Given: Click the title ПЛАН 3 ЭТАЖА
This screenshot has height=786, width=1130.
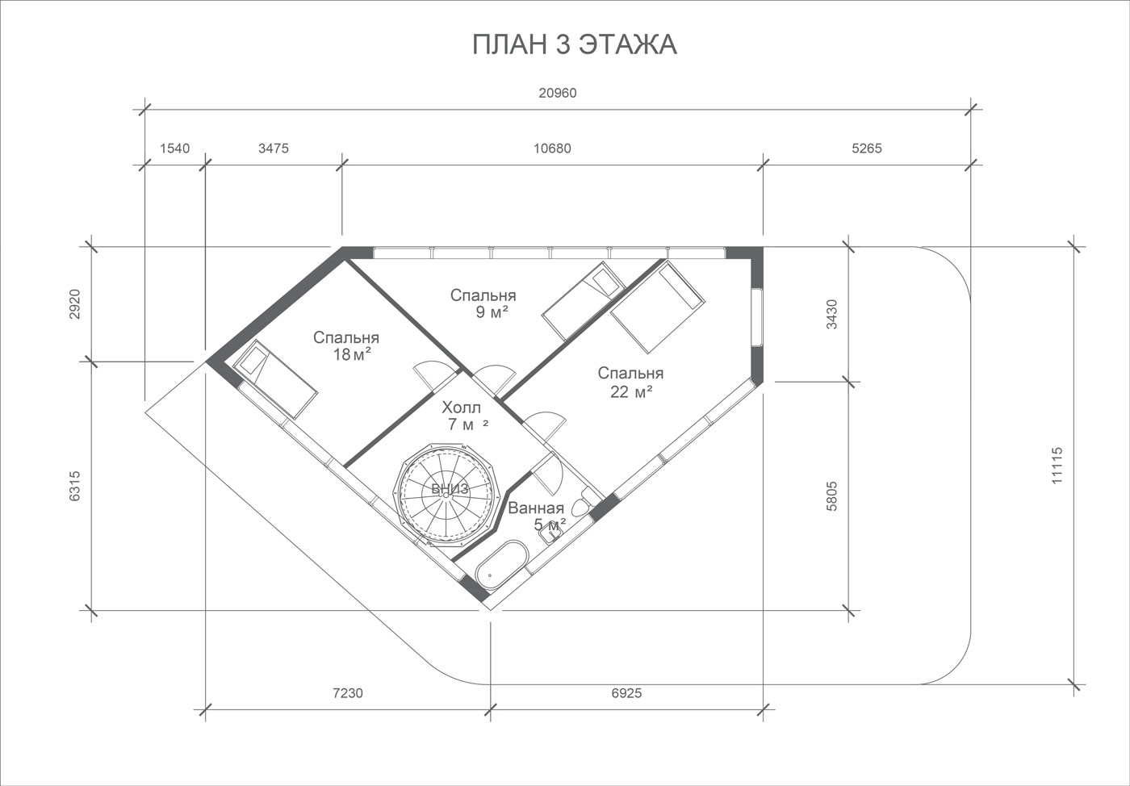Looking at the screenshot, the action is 574,44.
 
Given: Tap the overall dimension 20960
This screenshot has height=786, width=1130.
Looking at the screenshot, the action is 558,93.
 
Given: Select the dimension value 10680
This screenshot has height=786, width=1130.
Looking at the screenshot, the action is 552,148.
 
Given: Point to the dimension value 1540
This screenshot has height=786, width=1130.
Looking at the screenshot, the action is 174,148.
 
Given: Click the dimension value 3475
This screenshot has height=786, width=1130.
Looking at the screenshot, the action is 274,148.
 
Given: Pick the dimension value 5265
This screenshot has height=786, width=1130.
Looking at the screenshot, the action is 867,148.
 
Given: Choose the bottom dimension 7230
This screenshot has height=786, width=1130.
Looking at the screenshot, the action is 348,693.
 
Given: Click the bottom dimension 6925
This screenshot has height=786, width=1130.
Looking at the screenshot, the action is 626,693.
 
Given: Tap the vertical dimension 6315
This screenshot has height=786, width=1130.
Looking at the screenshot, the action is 74,486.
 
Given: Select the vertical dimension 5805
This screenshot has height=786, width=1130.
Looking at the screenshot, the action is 832,496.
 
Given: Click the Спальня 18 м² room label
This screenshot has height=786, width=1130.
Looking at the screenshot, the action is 346,346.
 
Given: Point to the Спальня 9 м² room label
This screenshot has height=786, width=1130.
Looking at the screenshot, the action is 483,303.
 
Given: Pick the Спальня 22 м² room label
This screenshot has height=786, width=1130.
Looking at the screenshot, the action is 630,383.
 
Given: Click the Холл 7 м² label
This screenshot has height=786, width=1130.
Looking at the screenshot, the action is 463,416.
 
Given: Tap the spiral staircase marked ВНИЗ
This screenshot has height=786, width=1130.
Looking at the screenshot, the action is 446,495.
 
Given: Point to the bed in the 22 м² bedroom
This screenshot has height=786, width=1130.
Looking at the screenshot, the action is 657,307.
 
